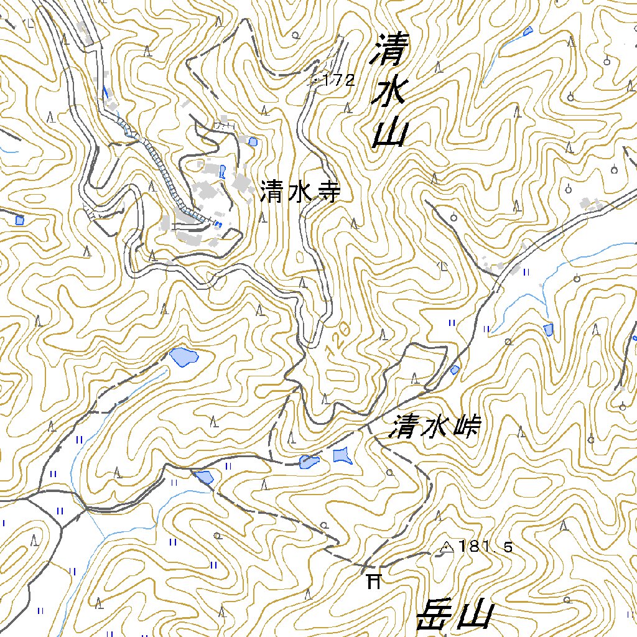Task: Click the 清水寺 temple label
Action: pyautogui.click(x=300, y=192)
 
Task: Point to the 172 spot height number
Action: pyautogui.click(x=339, y=80)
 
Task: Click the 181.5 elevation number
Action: pyautogui.click(x=486, y=547)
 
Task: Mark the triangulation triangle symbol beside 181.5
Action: pyautogui.click(x=446, y=547)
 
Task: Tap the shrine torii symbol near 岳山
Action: pyautogui.click(x=373, y=581)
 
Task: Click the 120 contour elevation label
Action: pyautogui.click(x=337, y=339)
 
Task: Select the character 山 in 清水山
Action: pyautogui.click(x=391, y=133)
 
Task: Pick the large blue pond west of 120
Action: pyautogui.click(x=184, y=356)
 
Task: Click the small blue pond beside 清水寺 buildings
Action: pyautogui.click(x=253, y=142)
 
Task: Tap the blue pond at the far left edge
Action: pyautogui.click(x=19, y=220)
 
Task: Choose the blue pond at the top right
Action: pyautogui.click(x=528, y=30)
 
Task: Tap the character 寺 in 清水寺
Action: pyautogui.click(x=328, y=192)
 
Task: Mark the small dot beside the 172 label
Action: pyautogui.click(x=316, y=80)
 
